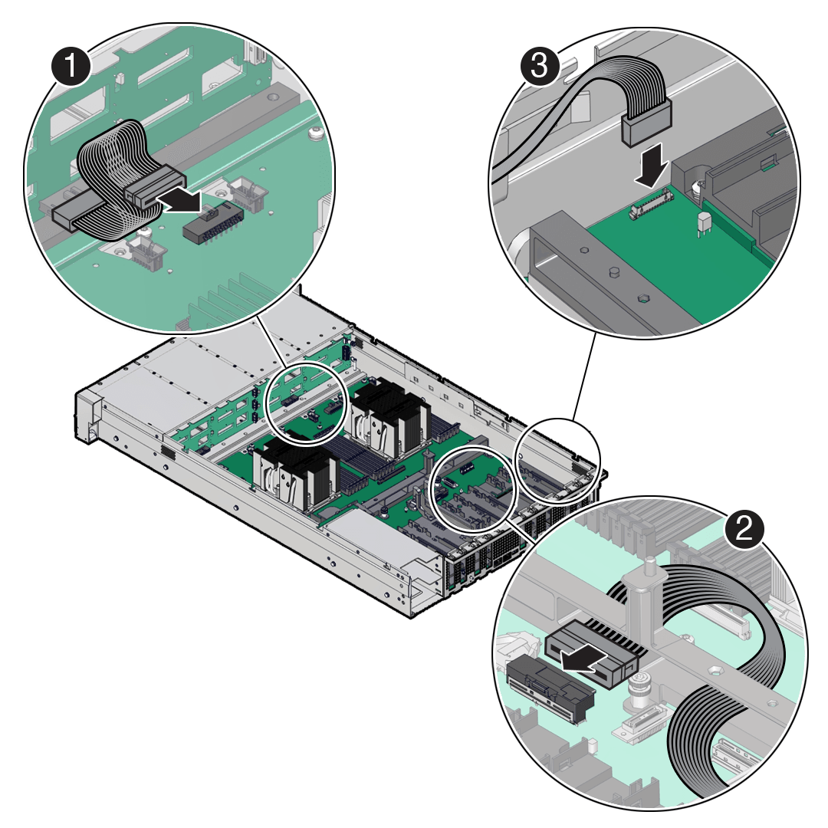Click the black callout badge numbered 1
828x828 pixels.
tap(71, 65)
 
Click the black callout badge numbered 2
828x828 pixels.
tap(744, 527)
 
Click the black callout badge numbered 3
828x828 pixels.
tap(540, 67)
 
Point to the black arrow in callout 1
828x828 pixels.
tap(179, 199)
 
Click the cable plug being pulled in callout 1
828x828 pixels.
tap(154, 186)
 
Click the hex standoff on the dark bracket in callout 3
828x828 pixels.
tap(643, 298)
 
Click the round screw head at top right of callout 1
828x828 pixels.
tap(316, 133)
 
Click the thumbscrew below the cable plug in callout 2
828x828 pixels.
tap(637, 690)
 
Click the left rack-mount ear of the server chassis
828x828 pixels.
tap(87, 415)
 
